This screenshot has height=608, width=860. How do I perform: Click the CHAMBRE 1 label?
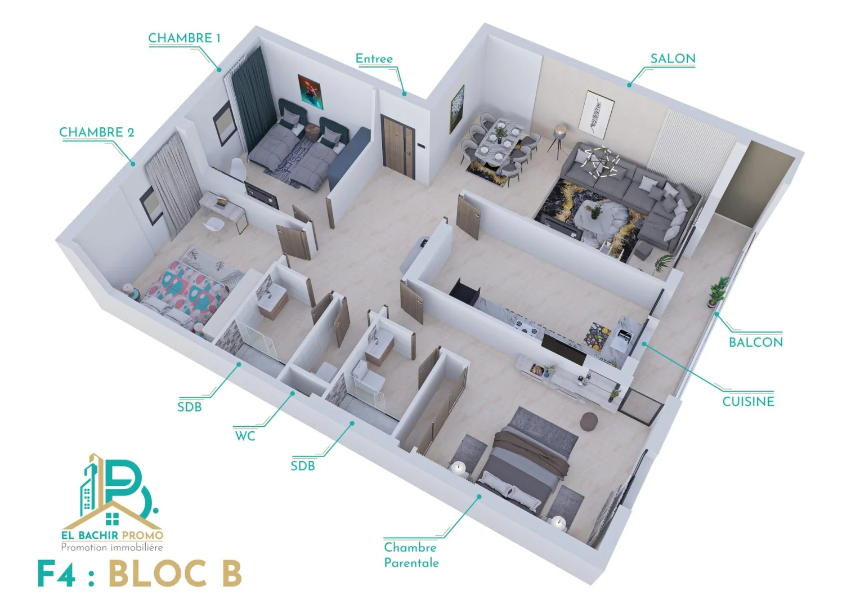coord(184,38)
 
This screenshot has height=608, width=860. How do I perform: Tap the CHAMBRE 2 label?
coord(97,132)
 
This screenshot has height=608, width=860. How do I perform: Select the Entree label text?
coord(374,59)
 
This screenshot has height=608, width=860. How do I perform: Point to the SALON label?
coord(673,59)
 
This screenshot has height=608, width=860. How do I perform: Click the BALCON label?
coord(755,342)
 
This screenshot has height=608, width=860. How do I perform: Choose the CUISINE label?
coord(748,402)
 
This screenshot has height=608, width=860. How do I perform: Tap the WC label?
coord(245,436)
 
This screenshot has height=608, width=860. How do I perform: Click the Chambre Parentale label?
coord(411,556)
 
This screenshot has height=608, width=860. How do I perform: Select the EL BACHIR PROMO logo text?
coord(113,535)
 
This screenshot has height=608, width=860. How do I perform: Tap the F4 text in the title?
coord(56,574)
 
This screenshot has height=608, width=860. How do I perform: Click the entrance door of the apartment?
coord(398,146)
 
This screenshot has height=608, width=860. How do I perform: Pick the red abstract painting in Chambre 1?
coord(310,92)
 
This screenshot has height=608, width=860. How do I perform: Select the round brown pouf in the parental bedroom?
coord(589,421)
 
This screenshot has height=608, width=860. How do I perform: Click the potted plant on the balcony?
coord(718,291)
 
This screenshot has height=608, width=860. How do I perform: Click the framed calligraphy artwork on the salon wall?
coord(598,114)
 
